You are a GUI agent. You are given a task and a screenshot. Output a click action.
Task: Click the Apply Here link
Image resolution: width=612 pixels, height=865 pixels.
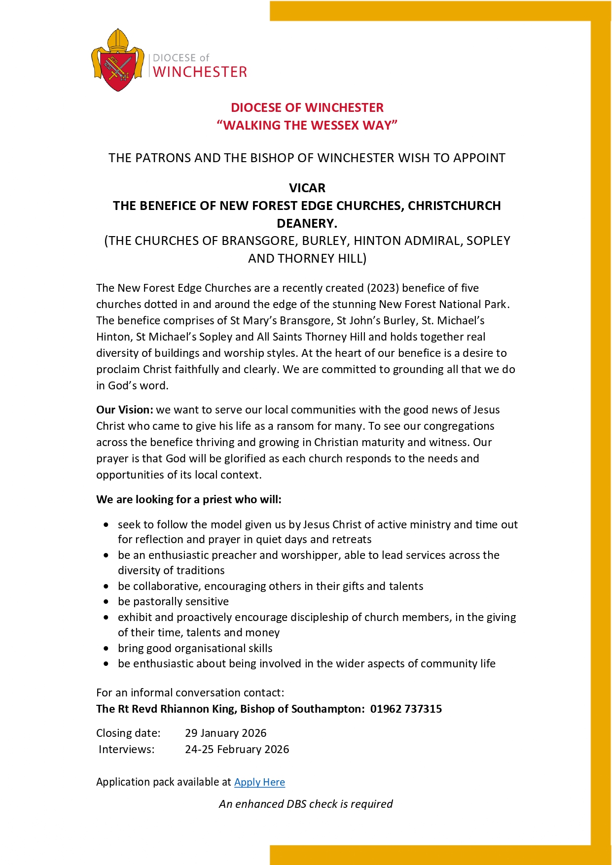[259, 782]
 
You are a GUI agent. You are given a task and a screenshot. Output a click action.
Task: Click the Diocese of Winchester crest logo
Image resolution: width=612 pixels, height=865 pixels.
[118, 61]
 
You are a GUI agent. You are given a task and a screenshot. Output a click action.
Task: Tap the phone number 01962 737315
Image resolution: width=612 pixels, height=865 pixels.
[406, 709]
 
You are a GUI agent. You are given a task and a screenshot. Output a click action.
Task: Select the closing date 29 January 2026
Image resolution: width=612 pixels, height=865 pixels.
[225, 733]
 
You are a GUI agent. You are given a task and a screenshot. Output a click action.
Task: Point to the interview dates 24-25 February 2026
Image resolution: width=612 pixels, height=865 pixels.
[237, 749]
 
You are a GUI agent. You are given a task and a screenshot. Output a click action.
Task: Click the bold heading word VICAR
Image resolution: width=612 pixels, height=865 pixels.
[307, 188]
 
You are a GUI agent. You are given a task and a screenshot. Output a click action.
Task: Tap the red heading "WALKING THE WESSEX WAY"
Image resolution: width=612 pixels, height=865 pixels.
[307, 125]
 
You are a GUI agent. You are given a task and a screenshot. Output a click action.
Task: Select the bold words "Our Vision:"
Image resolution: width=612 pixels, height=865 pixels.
[125, 410]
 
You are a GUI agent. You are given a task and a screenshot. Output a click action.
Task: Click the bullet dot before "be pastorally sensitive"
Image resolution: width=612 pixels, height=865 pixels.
[107, 602]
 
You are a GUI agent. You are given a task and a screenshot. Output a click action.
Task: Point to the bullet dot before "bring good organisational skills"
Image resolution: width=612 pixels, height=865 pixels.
[107, 649]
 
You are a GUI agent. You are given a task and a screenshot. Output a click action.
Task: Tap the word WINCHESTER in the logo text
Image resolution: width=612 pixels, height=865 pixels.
[200, 72]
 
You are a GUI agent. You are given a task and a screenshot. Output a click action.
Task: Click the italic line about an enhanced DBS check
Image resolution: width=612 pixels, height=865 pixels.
[306, 804]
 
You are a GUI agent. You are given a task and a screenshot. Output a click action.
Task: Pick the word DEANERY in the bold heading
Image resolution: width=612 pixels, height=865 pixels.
[306, 223]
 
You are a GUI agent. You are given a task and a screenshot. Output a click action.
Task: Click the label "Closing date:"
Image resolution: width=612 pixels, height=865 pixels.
[128, 733]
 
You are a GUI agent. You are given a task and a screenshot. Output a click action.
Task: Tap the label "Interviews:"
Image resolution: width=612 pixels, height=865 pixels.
[126, 749]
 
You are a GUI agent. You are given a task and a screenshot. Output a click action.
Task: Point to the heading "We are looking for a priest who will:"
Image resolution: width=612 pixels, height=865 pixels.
[189, 499]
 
